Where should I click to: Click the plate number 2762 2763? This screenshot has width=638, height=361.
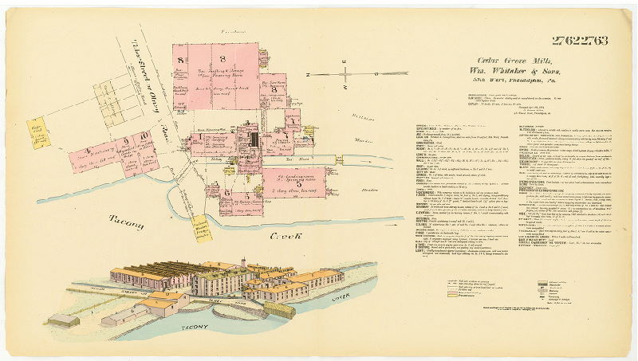[579, 41]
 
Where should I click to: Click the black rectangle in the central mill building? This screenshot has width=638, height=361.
[254, 140]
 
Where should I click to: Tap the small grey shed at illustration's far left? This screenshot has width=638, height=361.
[63, 320]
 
